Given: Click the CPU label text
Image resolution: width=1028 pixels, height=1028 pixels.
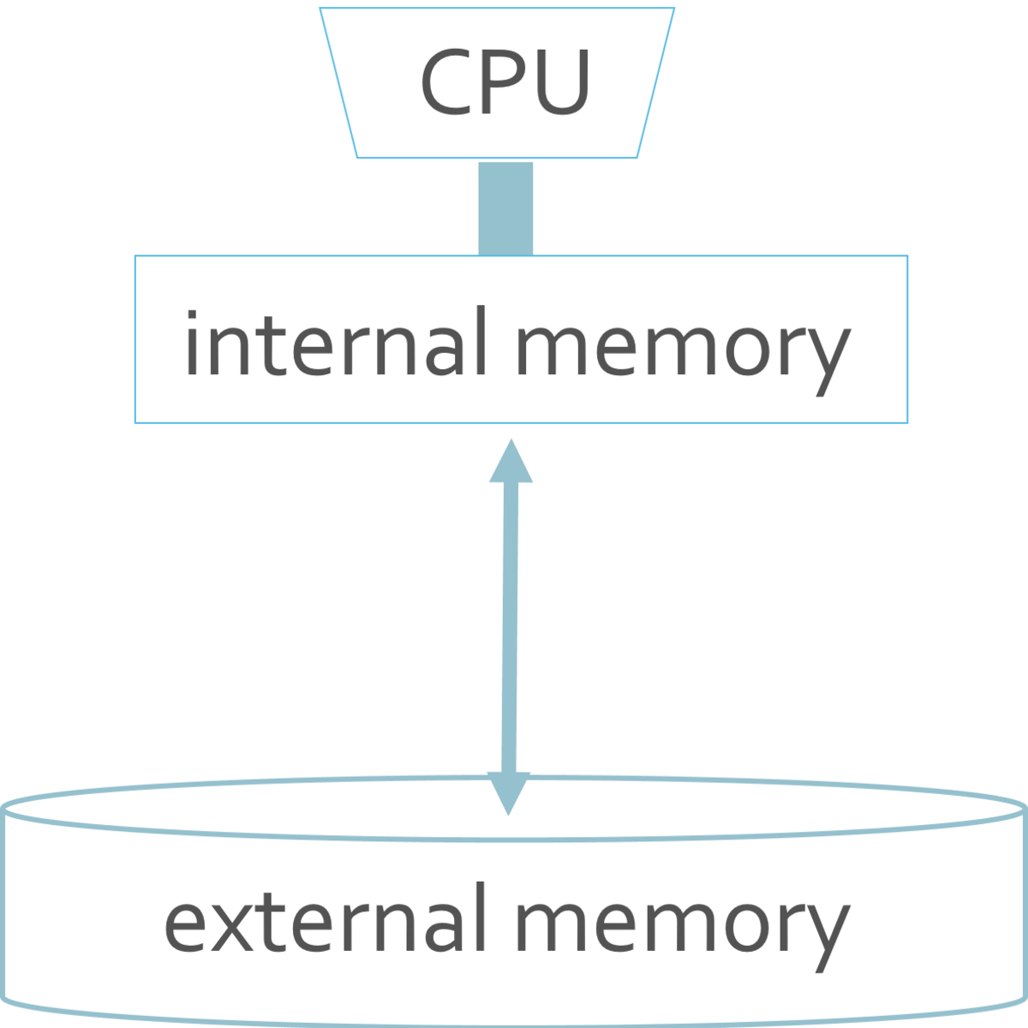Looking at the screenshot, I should [x=505, y=83].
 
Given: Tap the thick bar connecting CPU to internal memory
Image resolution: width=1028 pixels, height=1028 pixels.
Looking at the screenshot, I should [x=505, y=208].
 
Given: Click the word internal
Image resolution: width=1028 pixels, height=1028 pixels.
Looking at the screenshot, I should [x=335, y=343].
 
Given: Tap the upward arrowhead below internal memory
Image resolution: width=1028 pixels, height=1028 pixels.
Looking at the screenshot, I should [x=511, y=463].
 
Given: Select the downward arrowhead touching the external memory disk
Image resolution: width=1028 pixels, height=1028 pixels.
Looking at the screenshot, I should [x=509, y=792].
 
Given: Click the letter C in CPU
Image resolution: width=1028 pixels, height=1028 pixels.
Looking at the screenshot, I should [x=445, y=83].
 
